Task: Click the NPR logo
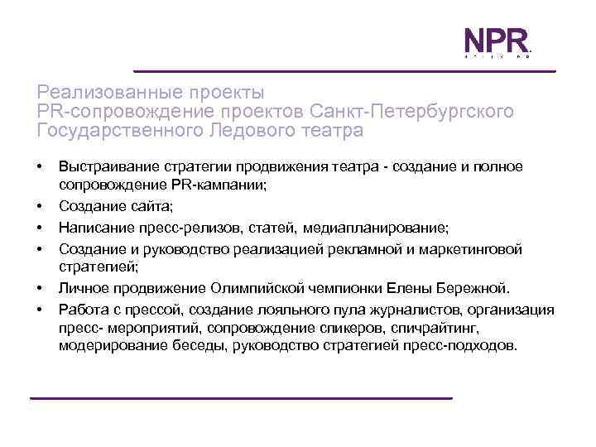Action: point(495,43)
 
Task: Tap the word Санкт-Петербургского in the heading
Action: point(411,110)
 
